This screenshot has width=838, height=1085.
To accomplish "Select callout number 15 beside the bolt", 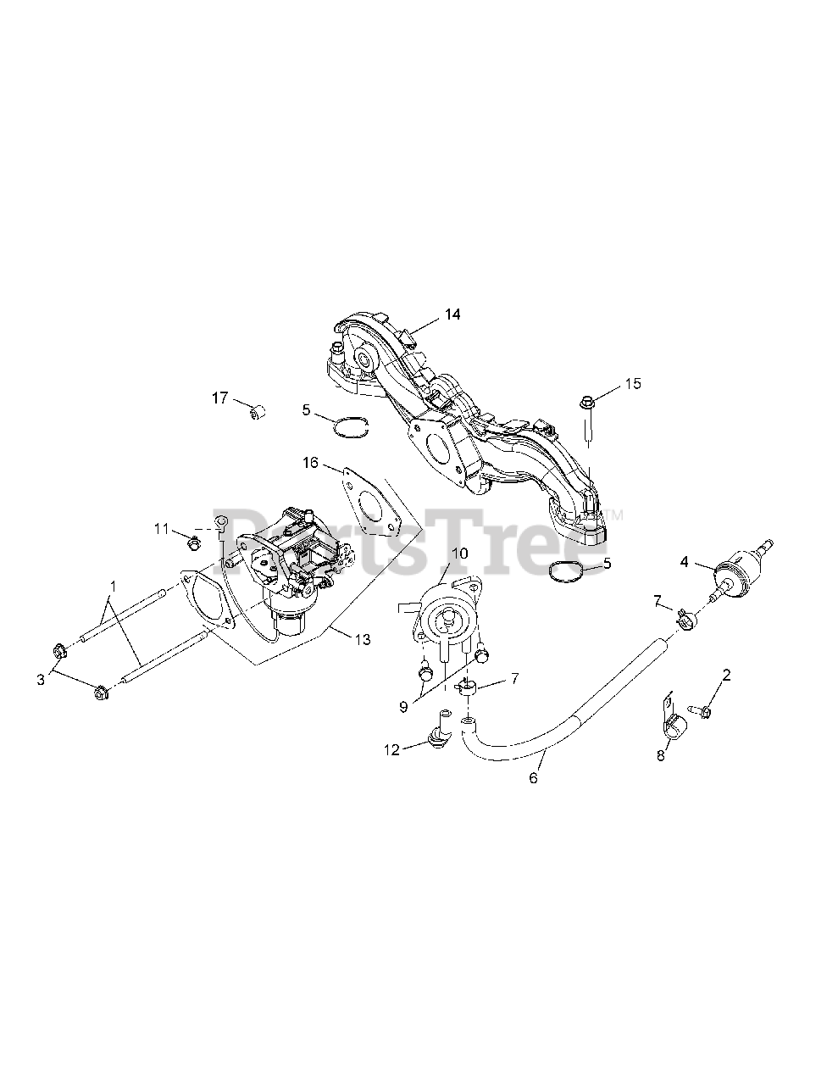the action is tap(633, 383).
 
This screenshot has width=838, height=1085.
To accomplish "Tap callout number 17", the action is tap(219, 397).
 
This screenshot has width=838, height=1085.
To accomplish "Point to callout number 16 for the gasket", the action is tap(311, 462).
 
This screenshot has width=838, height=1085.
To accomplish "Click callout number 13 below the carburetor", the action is tap(362, 640).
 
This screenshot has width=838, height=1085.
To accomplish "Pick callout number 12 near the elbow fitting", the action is tap(391, 748).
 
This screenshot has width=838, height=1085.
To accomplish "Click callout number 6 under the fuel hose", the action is tap(533, 777).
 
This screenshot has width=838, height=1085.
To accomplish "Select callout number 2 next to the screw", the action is tap(725, 675).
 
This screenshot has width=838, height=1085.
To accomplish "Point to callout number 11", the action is tap(162, 529).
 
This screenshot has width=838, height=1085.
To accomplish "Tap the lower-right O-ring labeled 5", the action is tap(566, 572).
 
